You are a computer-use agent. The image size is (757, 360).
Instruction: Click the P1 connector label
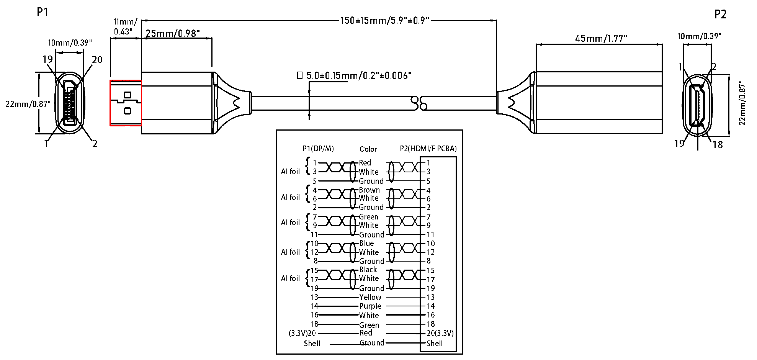(x=43, y=13)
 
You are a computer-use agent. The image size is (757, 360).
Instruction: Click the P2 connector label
(x=720, y=15)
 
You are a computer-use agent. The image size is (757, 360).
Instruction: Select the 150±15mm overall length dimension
(x=385, y=20)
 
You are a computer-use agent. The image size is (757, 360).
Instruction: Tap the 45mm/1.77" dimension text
(x=601, y=39)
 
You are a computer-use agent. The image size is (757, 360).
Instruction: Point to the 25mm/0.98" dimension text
(x=173, y=34)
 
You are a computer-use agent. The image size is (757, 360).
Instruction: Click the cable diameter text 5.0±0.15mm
(x=358, y=75)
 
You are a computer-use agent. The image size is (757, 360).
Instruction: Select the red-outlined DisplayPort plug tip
(x=126, y=103)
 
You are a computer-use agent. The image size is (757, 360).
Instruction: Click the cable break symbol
(x=419, y=103)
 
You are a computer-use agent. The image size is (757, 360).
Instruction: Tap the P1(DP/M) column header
(x=318, y=149)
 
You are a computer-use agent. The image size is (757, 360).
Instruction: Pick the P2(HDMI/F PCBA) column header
(x=428, y=149)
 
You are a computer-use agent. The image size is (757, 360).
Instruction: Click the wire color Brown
(x=369, y=190)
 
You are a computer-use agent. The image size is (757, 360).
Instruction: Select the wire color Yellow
(x=370, y=297)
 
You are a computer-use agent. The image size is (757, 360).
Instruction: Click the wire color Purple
(x=370, y=306)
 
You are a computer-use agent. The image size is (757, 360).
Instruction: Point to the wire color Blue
(x=366, y=243)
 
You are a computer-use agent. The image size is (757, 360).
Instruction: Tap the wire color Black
(x=368, y=270)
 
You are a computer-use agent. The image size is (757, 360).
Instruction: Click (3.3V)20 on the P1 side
(x=302, y=333)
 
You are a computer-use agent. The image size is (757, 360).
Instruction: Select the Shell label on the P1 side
(x=312, y=344)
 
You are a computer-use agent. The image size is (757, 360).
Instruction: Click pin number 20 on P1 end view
(x=97, y=60)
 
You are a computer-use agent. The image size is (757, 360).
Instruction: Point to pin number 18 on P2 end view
(x=717, y=145)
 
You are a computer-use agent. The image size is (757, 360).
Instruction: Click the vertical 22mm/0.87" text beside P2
(x=742, y=103)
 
